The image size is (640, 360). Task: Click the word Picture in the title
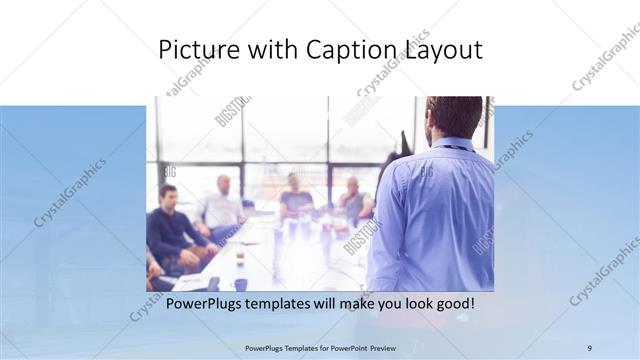(197, 50)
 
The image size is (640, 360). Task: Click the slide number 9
(589, 347)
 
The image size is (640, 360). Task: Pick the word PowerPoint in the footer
(344, 347)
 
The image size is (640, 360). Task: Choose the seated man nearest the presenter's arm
(352, 200)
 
